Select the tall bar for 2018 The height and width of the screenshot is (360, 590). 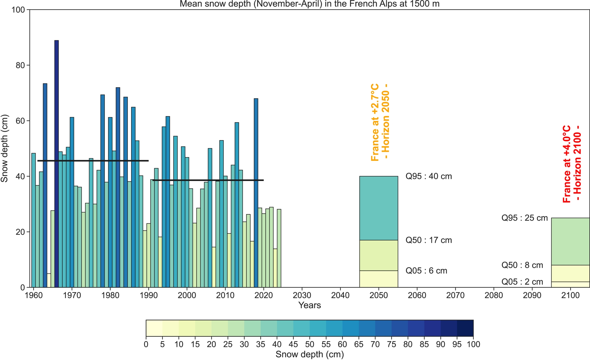click(256, 190)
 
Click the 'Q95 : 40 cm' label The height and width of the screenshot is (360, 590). click(429, 176)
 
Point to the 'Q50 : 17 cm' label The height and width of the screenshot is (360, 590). click(429, 240)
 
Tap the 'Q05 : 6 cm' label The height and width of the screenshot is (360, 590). click(426, 271)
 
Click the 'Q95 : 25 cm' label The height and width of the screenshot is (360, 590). click(525, 218)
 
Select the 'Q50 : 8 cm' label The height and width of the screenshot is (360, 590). click(522, 265)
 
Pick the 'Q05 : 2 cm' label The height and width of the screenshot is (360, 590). click(522, 282)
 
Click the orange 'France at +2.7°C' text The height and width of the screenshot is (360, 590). click(375, 122)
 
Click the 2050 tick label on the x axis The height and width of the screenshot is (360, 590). click(379, 296)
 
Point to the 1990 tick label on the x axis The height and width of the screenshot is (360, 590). click(149, 296)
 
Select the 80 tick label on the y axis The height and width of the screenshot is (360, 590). click(20, 65)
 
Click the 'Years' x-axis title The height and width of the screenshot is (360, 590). click(309, 305)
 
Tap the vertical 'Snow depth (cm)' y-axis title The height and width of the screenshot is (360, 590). click(4, 149)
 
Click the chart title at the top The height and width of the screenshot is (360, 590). click(309, 4)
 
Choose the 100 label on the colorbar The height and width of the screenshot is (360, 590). click(473, 344)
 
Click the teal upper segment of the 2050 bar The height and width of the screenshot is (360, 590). click(379, 208)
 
